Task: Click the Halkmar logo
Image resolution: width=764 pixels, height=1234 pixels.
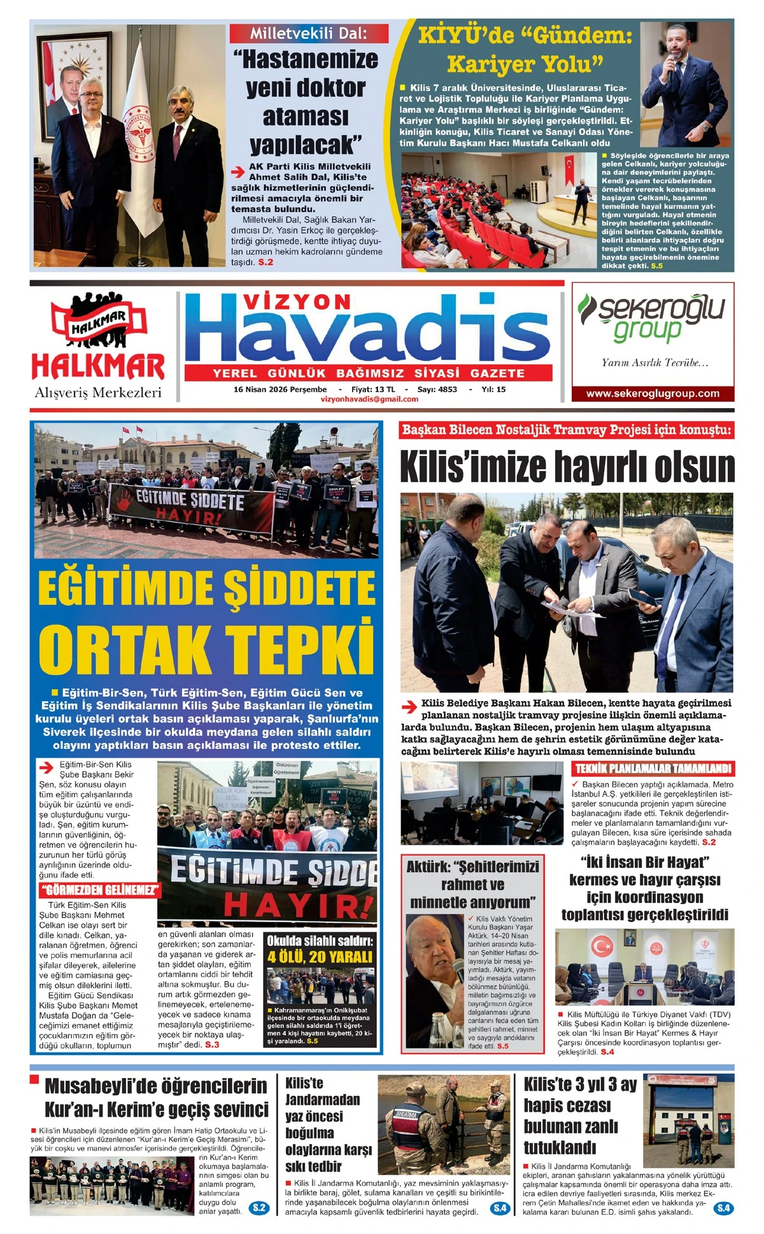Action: pos(98,337)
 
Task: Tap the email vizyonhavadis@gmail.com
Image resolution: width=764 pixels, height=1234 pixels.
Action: pos(370,399)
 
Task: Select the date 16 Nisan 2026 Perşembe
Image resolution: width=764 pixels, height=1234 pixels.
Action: pos(280,389)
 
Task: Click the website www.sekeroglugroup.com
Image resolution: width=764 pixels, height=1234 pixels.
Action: pos(653,394)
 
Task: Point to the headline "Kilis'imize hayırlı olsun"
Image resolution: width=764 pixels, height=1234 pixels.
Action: pos(567,467)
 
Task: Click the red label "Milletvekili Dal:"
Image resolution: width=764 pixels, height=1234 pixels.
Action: pos(308,33)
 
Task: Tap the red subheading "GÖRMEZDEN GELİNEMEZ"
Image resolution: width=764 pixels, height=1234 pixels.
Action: pos(100,890)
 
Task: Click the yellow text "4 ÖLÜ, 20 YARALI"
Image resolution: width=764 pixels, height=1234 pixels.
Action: pos(320,957)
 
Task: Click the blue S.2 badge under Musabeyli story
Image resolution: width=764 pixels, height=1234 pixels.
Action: pos(259,1208)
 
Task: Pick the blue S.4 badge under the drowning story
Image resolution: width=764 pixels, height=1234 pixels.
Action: pos(500,1208)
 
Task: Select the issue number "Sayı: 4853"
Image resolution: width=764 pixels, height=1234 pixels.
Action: pos(437,389)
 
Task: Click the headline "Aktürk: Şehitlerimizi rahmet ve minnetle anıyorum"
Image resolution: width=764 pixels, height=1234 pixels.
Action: pos(472,884)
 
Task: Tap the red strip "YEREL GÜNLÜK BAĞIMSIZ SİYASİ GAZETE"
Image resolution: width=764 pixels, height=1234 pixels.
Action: pos(369,373)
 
